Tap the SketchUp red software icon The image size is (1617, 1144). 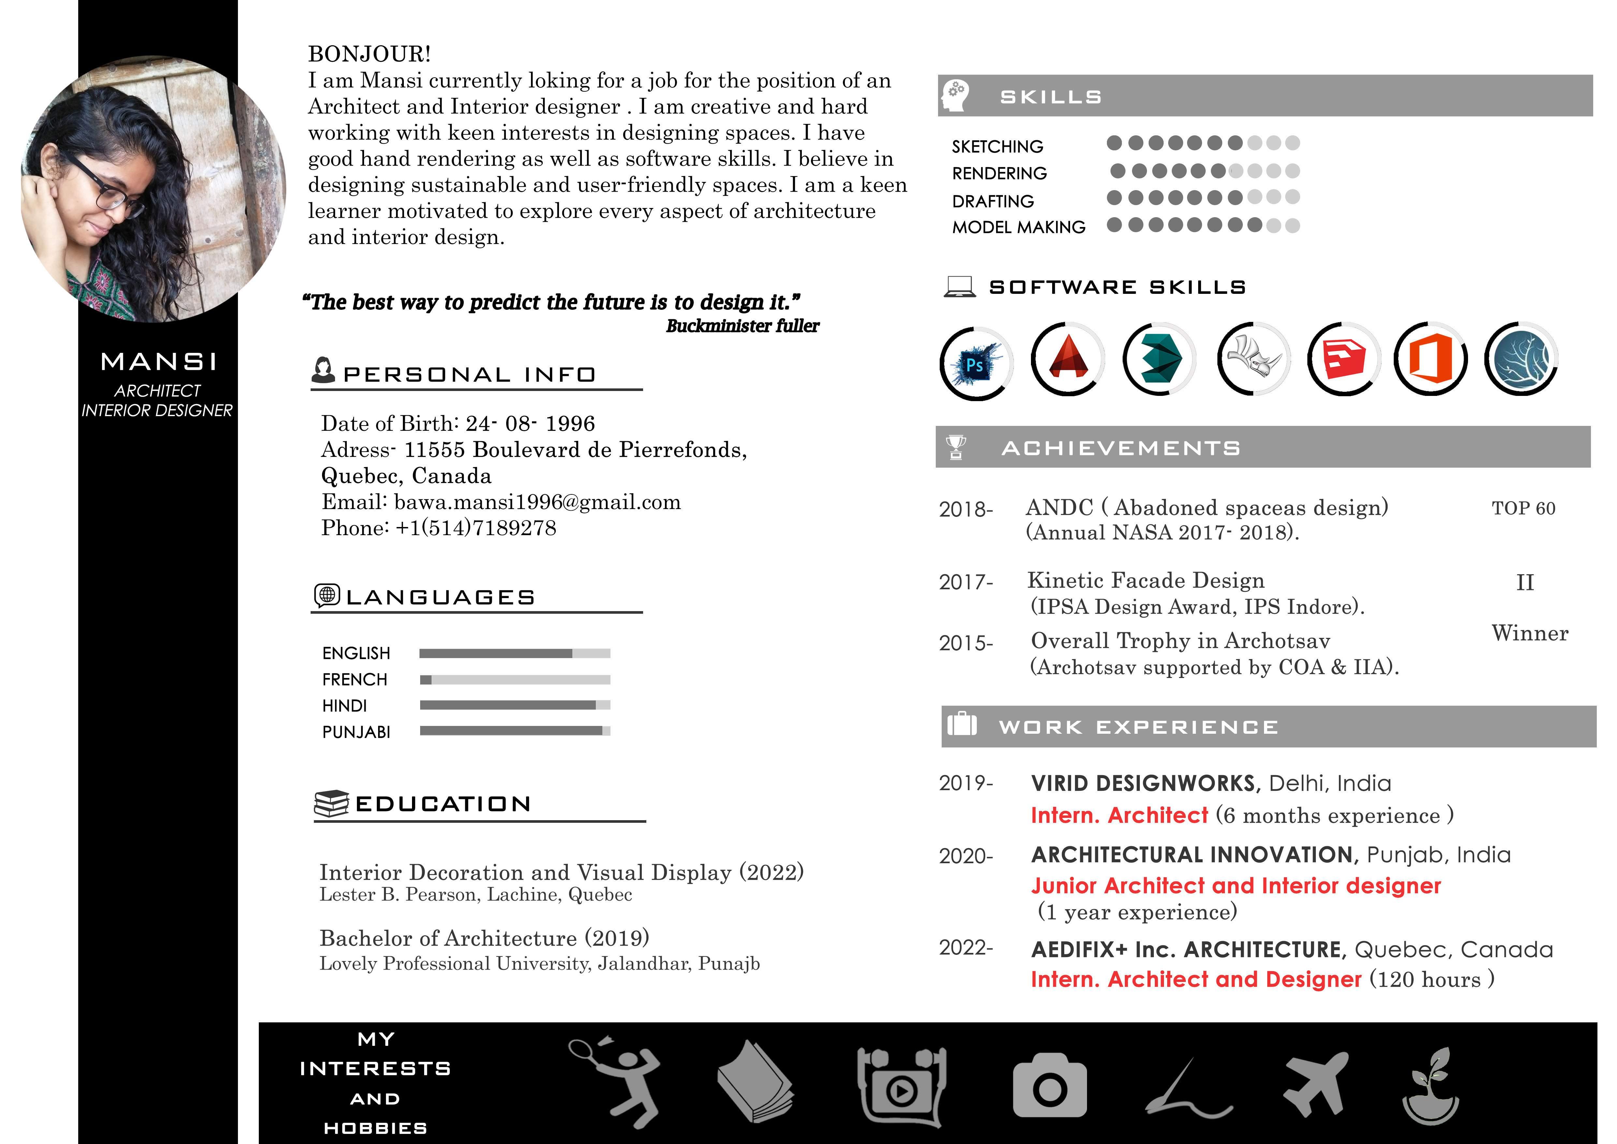click(x=1344, y=359)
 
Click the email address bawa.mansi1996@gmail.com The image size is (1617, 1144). click(x=537, y=502)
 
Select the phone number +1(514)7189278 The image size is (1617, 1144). click(x=475, y=528)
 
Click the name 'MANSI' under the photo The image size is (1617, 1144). click(x=158, y=362)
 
